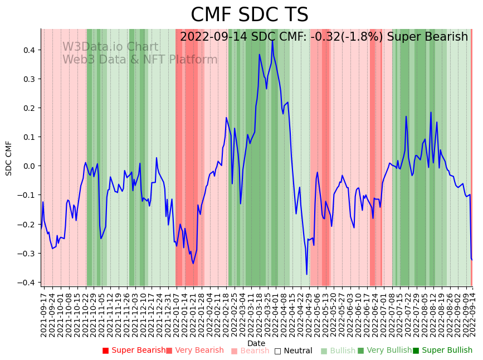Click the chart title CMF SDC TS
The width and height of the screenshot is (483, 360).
(x=249, y=15)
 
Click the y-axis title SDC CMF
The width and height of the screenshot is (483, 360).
(x=9, y=158)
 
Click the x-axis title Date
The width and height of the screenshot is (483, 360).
(x=256, y=343)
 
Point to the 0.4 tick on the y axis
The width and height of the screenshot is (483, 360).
(x=28, y=50)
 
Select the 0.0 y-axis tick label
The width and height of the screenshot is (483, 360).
(x=28, y=166)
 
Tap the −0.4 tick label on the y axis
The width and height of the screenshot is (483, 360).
(x=27, y=283)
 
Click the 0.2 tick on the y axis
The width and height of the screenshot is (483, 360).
(x=28, y=108)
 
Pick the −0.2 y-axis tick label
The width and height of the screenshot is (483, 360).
(x=27, y=225)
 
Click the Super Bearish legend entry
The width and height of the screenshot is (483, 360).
(x=134, y=351)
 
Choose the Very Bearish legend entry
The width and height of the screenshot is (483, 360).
(x=195, y=351)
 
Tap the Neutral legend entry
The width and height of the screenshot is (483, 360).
(x=293, y=351)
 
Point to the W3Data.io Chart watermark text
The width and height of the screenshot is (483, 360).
(x=110, y=47)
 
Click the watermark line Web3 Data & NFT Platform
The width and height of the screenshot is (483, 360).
(x=140, y=60)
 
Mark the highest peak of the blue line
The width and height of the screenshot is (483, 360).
(x=272, y=40)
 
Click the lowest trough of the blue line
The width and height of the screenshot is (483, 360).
(x=306, y=274)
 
